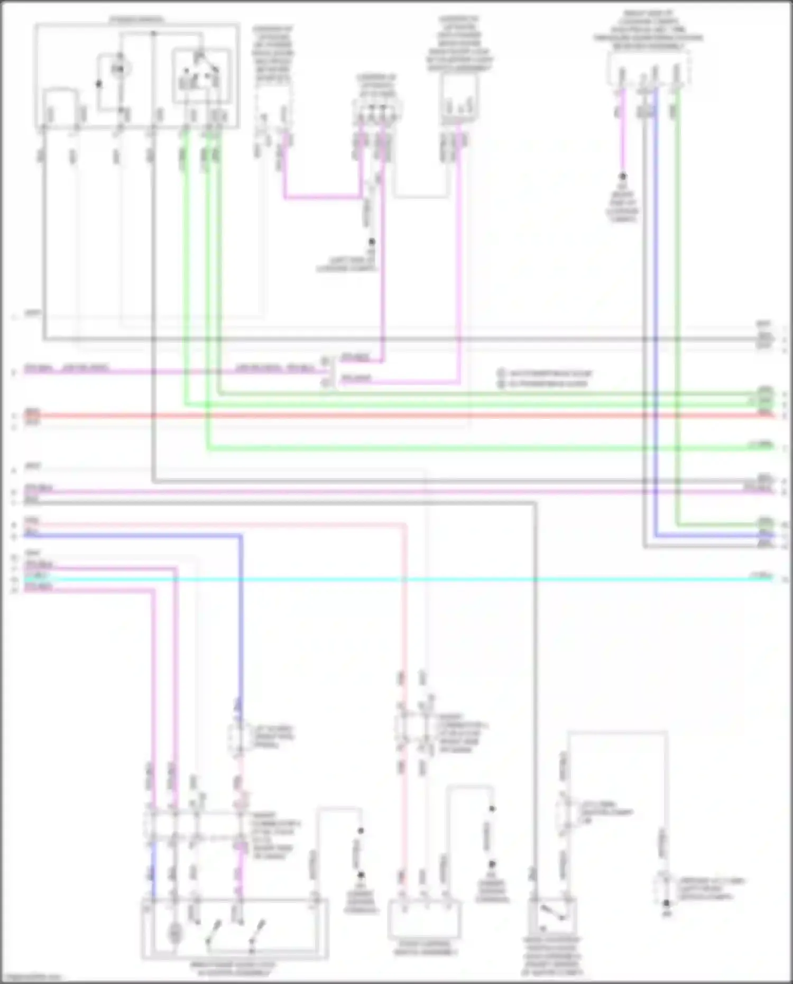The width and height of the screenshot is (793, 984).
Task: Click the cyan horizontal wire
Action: (396, 580)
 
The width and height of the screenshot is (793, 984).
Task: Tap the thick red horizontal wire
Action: (396, 416)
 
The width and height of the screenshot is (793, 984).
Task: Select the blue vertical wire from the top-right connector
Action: (656, 317)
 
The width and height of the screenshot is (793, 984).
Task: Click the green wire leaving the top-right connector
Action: (677, 317)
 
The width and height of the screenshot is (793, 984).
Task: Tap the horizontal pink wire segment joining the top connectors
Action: (322, 198)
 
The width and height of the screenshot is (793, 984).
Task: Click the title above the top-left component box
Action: (137, 20)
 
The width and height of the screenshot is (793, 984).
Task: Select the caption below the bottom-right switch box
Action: (552, 956)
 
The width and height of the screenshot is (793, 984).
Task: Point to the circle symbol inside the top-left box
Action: (121, 68)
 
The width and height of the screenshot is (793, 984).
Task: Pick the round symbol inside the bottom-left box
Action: (174, 934)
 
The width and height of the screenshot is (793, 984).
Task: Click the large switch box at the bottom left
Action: (234, 929)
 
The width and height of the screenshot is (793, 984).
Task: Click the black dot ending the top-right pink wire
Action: (623, 176)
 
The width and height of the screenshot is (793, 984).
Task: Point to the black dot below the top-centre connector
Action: (372, 242)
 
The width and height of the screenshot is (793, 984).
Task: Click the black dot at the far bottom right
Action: (667, 904)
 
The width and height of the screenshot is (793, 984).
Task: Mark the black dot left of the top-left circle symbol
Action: (98, 84)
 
